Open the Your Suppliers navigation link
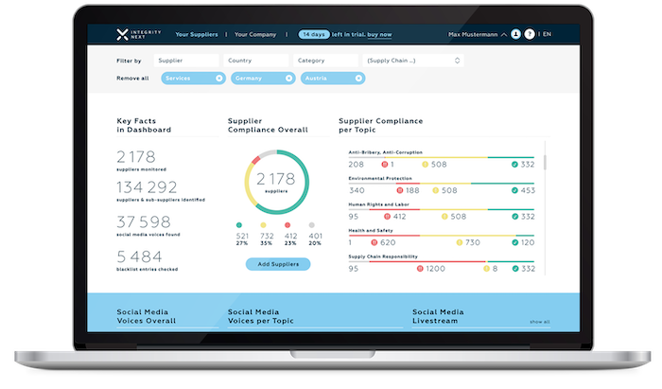pos(197,34)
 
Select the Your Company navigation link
pos(255,34)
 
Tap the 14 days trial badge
pos(315,34)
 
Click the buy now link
pos(378,34)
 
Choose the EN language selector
pos(547,34)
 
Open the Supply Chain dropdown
pos(413,61)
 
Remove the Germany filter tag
pos(290,78)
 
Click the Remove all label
pos(133,78)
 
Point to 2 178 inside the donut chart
pos(275,178)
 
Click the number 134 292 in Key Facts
pos(148,187)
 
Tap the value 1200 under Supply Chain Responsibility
pos(435,269)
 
